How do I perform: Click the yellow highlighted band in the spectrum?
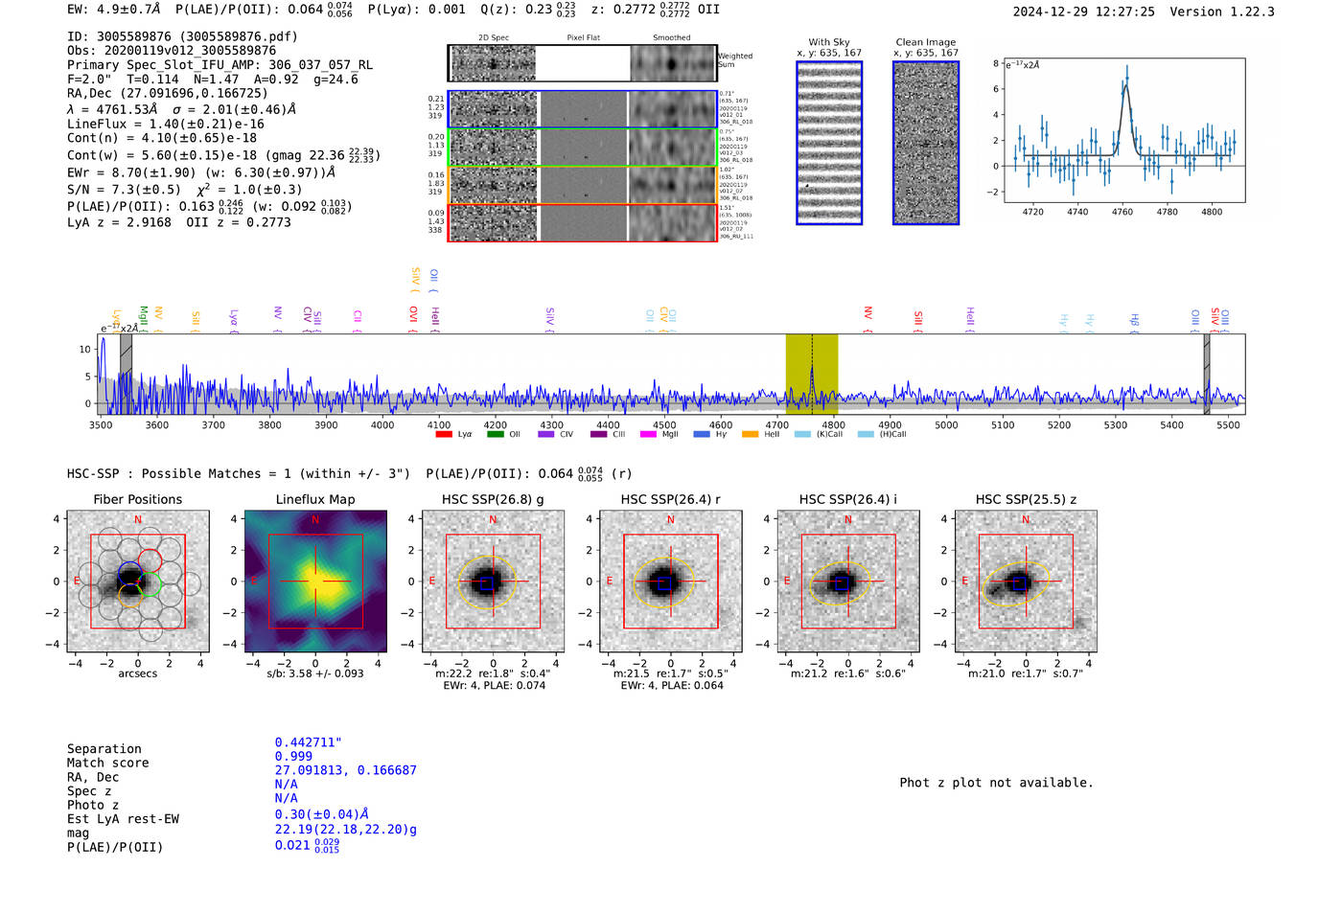[x=811, y=374]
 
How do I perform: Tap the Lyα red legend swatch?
[x=444, y=434]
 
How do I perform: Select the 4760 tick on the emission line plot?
[x=1122, y=212]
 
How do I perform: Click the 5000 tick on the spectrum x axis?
[x=946, y=424]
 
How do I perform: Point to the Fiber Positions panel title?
[x=137, y=499]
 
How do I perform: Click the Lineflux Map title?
[x=315, y=499]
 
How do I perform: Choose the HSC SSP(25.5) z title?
[x=1026, y=499]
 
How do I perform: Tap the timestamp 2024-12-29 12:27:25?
[x=1083, y=11]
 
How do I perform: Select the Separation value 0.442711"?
[x=308, y=742]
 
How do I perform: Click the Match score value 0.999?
[x=293, y=756]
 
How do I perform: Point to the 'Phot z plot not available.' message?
[x=996, y=783]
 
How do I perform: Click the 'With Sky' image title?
[x=829, y=42]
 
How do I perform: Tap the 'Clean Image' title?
[x=926, y=42]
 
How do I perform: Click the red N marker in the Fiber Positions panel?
[x=138, y=519]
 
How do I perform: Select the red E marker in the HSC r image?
[x=610, y=581]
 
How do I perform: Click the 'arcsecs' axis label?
[x=137, y=673]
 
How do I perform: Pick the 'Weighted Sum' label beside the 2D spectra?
[x=734, y=59]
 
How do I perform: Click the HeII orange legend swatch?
[x=750, y=434]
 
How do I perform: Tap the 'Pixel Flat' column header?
[x=583, y=37]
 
